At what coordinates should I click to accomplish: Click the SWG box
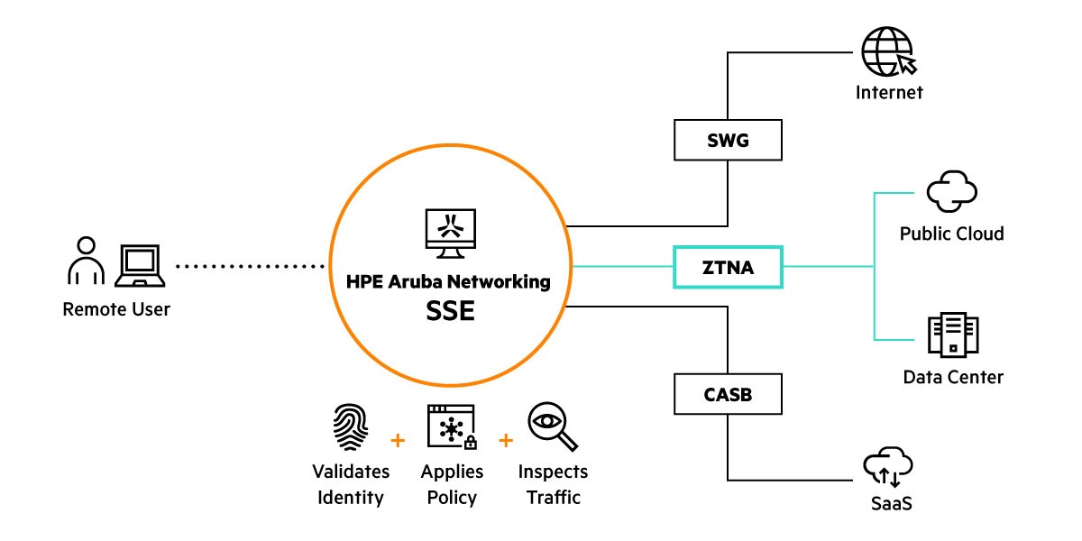click(x=728, y=141)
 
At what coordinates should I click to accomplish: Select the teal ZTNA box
click(x=728, y=266)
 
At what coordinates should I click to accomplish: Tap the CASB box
click(x=728, y=393)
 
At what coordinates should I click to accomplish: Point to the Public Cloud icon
click(x=951, y=191)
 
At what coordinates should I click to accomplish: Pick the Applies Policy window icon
click(x=452, y=426)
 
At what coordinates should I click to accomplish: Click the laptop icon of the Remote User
click(x=140, y=263)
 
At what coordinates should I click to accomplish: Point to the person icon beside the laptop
click(x=86, y=261)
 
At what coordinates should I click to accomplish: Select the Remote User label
click(x=116, y=309)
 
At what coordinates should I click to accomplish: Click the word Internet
click(x=889, y=92)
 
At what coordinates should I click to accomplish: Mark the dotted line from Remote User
click(x=250, y=266)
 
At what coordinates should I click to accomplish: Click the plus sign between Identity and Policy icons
click(x=396, y=441)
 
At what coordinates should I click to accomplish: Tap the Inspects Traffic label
click(x=553, y=484)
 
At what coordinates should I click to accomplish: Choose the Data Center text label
click(x=953, y=376)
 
